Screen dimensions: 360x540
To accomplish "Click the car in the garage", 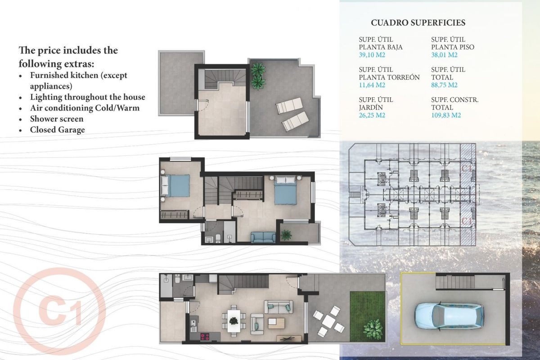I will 449,315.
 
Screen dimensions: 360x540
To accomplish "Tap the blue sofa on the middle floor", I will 263,237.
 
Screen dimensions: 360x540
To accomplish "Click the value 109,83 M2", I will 446,115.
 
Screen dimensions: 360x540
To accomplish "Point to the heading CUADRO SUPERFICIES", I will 418,22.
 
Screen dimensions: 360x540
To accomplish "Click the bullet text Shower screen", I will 57,119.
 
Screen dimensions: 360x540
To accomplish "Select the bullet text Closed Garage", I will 58,130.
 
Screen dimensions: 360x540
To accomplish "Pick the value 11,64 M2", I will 372,85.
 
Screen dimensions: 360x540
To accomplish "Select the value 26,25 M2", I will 372,115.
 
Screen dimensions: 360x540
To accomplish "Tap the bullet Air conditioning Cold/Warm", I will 85,108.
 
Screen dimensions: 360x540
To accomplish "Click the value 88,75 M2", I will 444,85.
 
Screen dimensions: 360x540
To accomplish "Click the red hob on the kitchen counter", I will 205,336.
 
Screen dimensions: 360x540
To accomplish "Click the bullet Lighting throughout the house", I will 88,97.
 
